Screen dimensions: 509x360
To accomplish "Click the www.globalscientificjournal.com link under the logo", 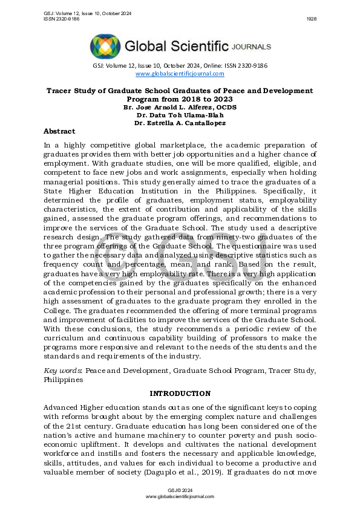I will (180, 74).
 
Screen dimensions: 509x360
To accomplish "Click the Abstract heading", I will (59, 131).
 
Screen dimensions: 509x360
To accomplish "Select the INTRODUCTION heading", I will (180, 394).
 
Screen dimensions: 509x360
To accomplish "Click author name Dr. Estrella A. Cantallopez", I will (180, 123).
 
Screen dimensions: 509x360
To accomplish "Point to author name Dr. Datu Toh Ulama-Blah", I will (180, 114).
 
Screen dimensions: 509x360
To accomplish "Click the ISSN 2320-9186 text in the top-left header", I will (61, 19).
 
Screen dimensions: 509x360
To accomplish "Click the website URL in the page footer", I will (180, 496).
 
